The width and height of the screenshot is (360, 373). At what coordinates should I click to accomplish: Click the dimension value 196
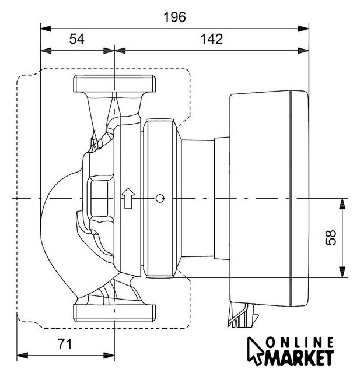(x=174, y=17)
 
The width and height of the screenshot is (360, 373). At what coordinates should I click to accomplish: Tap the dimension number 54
(x=76, y=39)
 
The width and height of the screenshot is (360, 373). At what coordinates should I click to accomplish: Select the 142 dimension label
(x=211, y=39)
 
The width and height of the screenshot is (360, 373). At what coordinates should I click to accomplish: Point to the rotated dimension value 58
(x=331, y=237)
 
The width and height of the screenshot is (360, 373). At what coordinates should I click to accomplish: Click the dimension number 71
(x=65, y=344)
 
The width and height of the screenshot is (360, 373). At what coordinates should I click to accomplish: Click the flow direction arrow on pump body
(x=128, y=198)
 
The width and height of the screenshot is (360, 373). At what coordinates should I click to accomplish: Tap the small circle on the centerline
(x=160, y=198)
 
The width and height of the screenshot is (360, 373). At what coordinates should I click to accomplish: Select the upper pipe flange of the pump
(x=114, y=84)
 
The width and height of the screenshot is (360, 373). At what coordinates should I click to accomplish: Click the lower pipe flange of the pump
(x=114, y=313)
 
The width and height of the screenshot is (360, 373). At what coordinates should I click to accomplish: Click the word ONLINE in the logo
(x=300, y=343)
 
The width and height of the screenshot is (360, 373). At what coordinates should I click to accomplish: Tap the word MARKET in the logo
(x=299, y=358)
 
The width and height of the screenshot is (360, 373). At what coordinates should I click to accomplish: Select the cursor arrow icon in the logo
(x=255, y=351)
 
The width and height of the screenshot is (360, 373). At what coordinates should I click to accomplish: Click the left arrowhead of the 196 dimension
(x=46, y=29)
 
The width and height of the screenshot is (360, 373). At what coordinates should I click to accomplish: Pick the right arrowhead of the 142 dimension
(x=303, y=51)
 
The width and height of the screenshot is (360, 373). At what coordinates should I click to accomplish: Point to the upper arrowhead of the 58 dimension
(x=342, y=203)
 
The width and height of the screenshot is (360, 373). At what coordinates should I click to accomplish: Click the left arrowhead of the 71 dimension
(x=22, y=356)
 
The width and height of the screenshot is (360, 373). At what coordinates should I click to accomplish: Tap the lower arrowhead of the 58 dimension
(x=342, y=272)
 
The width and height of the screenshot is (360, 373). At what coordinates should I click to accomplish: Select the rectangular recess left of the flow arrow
(x=99, y=198)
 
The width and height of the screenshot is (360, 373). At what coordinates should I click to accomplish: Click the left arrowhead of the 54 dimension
(x=46, y=51)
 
